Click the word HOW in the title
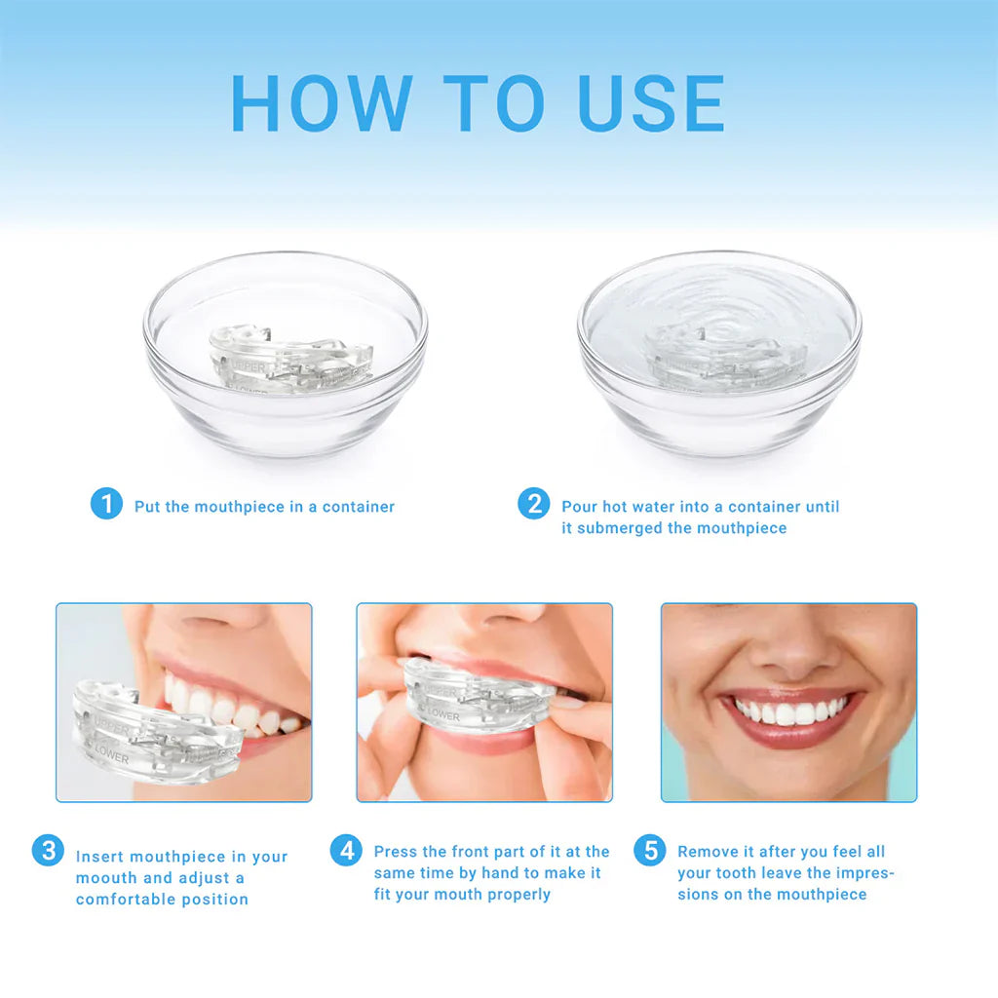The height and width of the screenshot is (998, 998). (322, 103)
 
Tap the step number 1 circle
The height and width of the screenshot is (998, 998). (106, 504)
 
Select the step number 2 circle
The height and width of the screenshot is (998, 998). (533, 504)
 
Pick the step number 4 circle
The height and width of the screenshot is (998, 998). (346, 851)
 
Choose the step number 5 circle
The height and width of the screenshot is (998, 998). (649, 850)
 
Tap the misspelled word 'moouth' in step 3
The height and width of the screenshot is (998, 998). (107, 878)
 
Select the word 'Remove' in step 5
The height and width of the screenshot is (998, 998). (709, 852)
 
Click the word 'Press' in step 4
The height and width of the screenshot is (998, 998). (396, 852)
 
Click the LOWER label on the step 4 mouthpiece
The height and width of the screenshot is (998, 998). (442, 715)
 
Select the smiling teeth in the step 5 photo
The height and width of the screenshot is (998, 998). (787, 713)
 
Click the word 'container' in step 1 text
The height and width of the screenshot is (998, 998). (359, 507)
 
